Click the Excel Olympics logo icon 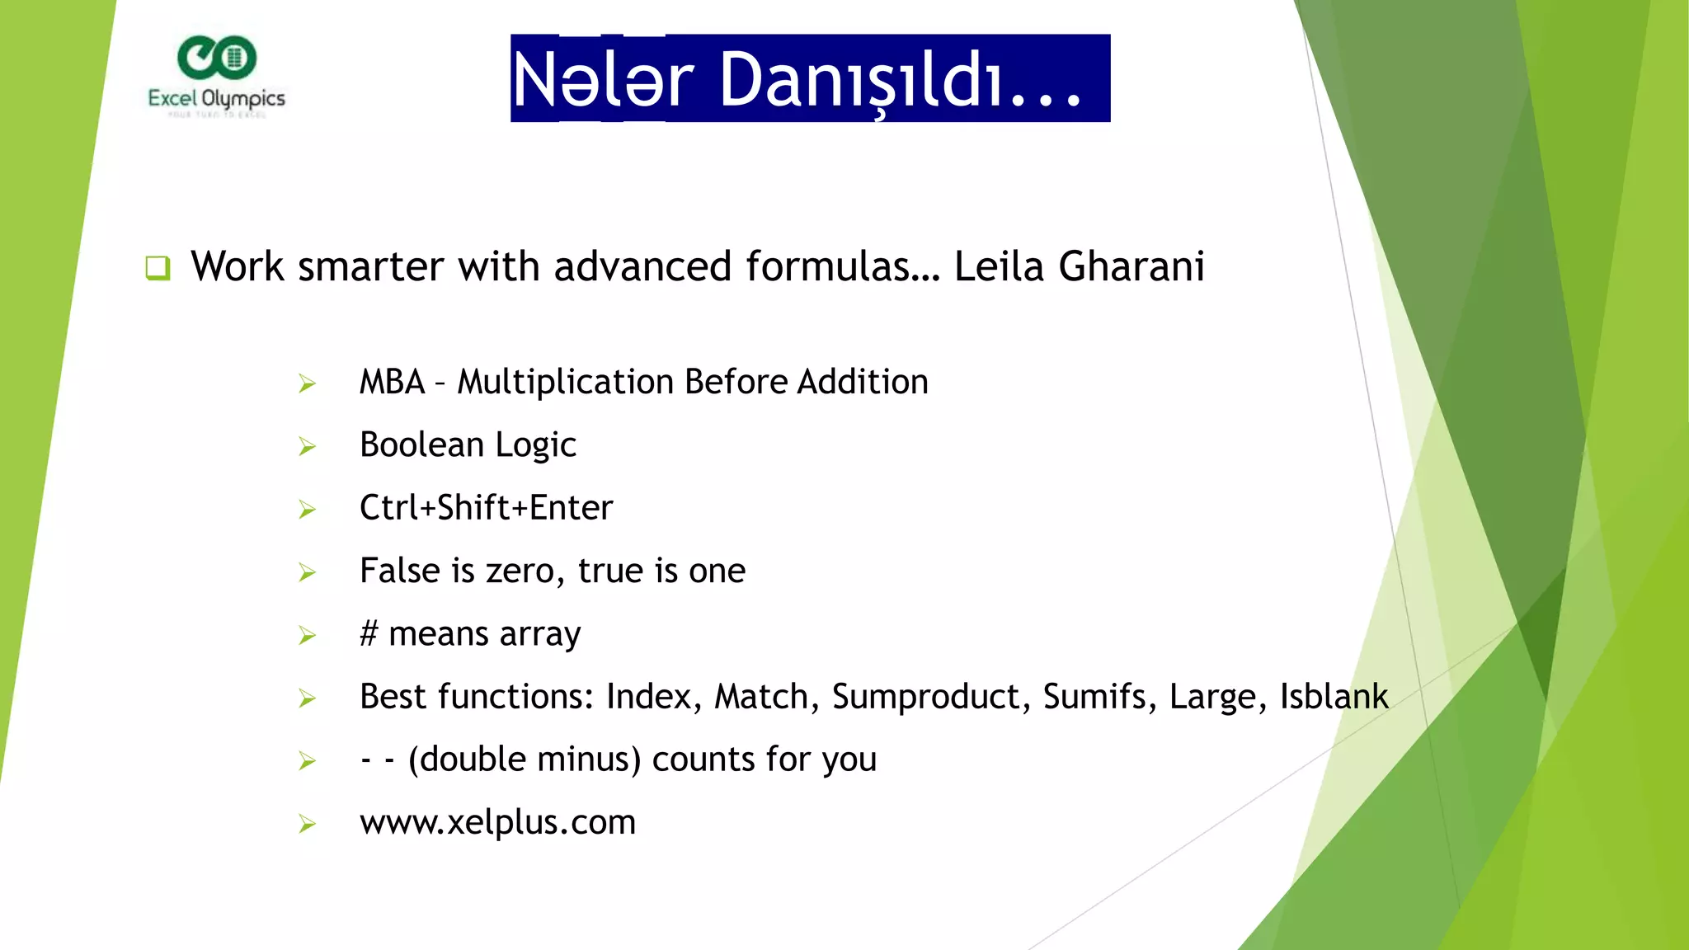coord(217,57)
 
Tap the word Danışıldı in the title coord(901,80)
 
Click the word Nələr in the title coord(603,80)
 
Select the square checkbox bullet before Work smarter coord(158,267)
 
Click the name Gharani coord(1131,267)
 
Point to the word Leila coord(1000,267)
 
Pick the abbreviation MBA coord(392,383)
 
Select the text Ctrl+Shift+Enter coord(486,508)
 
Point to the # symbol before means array coord(369,634)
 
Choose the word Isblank coord(1334,697)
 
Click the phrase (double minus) coord(525,760)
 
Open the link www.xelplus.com coord(497,822)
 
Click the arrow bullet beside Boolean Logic coord(308,446)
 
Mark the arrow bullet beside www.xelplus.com coord(308,824)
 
